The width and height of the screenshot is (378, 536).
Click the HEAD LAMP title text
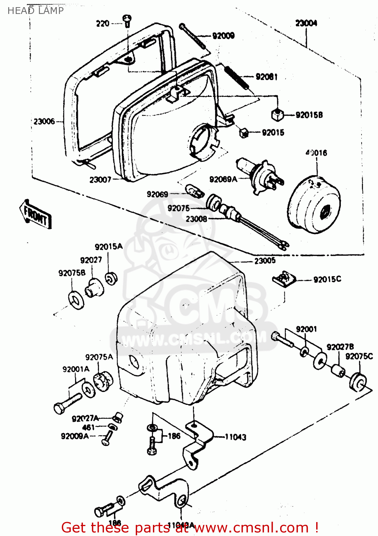point(35,10)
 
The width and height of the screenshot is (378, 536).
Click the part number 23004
point(306,23)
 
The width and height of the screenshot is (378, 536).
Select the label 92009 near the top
point(223,35)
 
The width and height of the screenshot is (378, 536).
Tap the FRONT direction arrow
point(36,214)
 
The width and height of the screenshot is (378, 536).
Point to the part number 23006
point(44,121)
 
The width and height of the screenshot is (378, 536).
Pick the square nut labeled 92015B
point(276,115)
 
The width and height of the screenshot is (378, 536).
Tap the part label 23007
point(100,180)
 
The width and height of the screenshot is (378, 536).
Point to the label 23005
point(265,260)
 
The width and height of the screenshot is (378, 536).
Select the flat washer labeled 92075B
point(76,299)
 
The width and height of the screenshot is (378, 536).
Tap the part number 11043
point(235,437)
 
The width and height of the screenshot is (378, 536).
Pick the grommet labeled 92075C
point(358,382)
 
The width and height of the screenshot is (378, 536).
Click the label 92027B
point(340,347)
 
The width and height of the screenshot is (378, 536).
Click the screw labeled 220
point(127,20)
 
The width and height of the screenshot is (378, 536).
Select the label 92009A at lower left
point(75,436)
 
